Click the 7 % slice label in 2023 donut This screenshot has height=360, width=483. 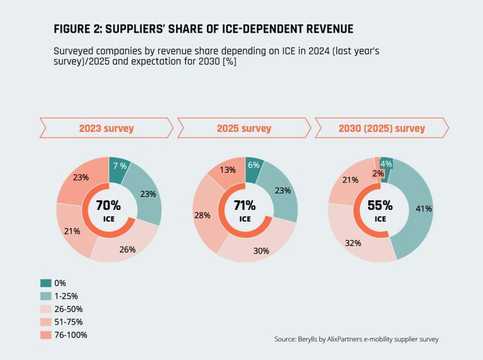pyautogui.click(x=119, y=166)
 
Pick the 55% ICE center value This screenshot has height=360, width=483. pyautogui.click(x=380, y=205)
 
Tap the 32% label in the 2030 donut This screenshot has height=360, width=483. pyautogui.click(x=353, y=243)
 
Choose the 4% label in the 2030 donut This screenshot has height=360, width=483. pyautogui.click(x=386, y=164)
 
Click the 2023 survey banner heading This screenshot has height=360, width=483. pyautogui.click(x=107, y=129)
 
